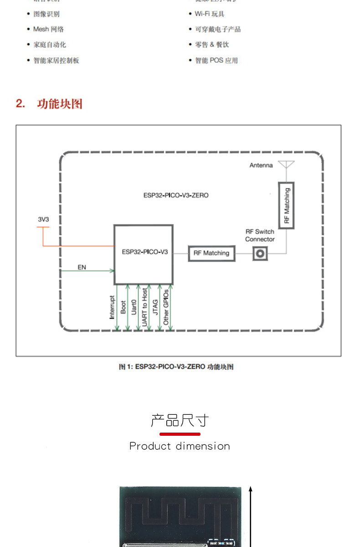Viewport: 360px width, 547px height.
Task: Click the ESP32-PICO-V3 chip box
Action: (143, 254)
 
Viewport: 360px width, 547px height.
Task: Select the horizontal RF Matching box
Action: (211, 253)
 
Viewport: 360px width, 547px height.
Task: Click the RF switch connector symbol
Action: (260, 253)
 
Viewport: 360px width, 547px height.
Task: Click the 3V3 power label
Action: (43, 219)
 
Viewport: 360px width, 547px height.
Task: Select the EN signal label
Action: (82, 267)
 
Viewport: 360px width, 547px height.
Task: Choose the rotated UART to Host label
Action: (144, 306)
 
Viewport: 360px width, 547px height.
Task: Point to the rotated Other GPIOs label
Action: (166, 307)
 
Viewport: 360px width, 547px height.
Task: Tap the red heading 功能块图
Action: (59, 103)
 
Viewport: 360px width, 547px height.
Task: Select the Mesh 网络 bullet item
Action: (48, 29)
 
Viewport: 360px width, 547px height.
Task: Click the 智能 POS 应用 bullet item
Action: (216, 60)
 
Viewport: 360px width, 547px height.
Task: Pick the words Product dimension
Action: (180, 446)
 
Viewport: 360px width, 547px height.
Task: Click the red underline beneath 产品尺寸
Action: (180, 434)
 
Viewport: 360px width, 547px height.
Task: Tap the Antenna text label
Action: (261, 165)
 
